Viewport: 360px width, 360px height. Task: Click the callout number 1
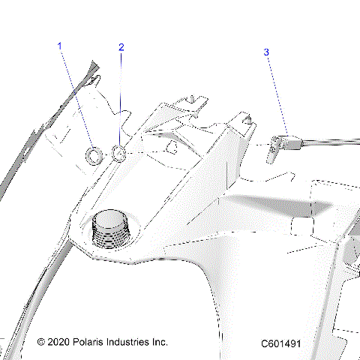click(60, 46)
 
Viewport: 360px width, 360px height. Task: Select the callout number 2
click(121, 47)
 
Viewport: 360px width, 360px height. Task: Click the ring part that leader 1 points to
click(94, 155)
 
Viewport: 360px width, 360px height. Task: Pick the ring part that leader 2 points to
click(119, 154)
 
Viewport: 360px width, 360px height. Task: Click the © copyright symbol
click(41, 342)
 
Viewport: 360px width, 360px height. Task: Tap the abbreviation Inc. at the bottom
click(160, 342)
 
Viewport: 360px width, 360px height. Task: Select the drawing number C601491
click(281, 343)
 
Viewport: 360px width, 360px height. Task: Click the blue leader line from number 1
click(76, 97)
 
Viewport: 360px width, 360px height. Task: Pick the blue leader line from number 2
click(121, 97)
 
